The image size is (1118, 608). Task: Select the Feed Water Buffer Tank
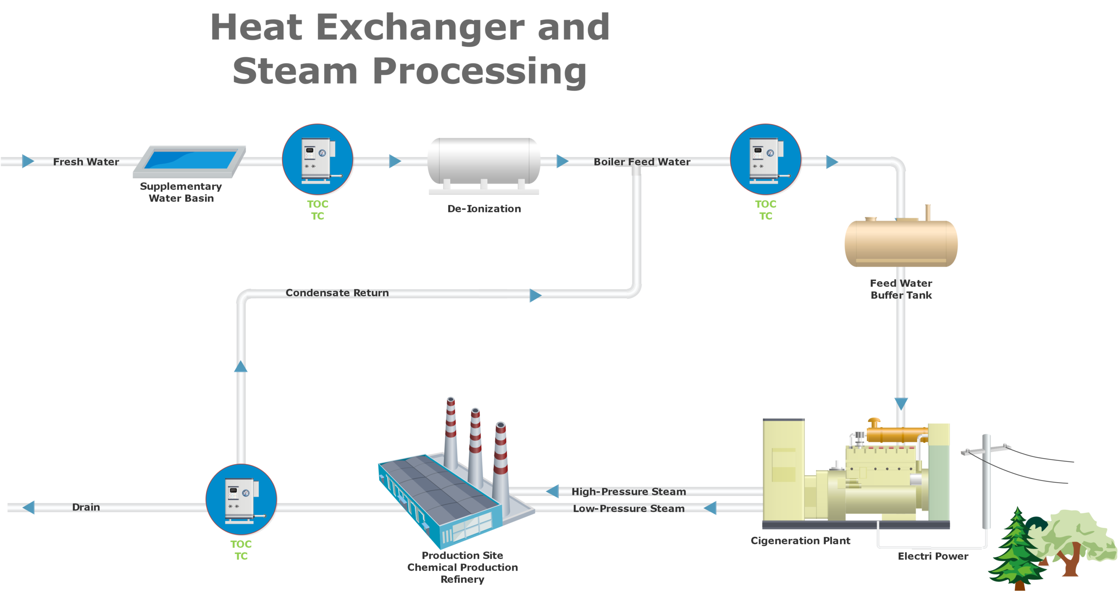901,242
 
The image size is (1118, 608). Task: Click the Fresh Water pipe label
86,162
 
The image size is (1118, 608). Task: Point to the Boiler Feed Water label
642,162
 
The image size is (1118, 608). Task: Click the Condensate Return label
337,293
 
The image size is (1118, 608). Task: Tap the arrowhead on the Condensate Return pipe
535,296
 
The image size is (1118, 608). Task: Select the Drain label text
86,507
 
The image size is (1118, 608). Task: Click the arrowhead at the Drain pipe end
29,508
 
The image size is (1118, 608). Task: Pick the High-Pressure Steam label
629,491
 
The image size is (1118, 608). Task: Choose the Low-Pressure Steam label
629,508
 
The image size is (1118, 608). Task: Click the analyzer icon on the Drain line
241,499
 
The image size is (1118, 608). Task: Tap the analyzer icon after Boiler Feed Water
766,159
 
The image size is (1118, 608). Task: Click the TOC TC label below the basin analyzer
317,210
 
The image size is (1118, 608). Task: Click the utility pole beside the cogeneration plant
986,480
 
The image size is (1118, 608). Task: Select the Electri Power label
933,556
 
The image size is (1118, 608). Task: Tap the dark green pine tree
1017,550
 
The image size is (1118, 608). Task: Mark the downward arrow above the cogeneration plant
901,403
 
